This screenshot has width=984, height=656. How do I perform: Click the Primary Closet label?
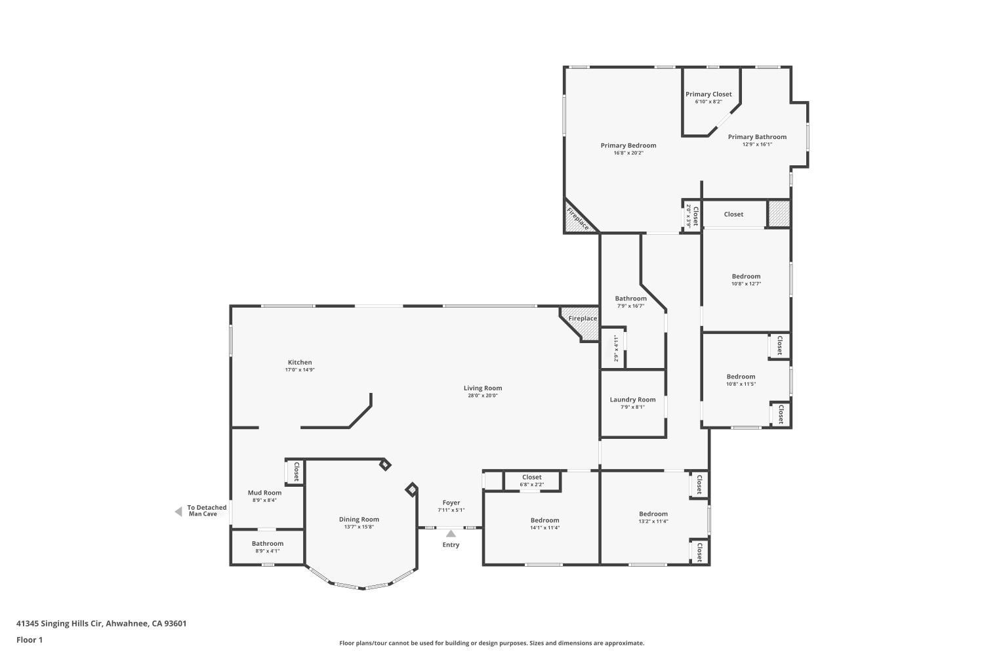[x=708, y=94]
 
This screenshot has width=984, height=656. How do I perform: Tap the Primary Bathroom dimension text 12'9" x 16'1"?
[x=757, y=145]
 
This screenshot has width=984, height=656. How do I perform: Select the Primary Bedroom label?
[x=628, y=146]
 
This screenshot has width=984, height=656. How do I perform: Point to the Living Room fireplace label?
[x=582, y=319]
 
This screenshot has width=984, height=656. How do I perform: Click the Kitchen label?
[x=300, y=362]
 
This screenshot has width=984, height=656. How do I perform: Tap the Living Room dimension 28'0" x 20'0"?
[x=483, y=396]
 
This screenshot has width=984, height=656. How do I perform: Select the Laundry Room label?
[x=632, y=400]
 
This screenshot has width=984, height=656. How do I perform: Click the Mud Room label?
[x=264, y=493]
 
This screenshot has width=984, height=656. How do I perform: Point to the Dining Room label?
[x=359, y=520]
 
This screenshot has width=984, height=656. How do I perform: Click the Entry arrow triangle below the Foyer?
[x=451, y=533]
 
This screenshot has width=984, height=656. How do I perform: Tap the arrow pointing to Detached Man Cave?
[x=178, y=512]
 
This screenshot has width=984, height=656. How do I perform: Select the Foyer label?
[x=451, y=502]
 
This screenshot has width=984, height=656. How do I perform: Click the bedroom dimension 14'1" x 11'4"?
[x=544, y=527]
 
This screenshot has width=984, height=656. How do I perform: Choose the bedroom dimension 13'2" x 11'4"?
[x=653, y=522]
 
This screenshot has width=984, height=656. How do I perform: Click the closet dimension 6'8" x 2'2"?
[x=531, y=485]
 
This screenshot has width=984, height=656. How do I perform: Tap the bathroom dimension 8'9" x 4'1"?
[x=267, y=551]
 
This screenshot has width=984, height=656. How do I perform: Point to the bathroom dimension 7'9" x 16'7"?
[x=630, y=306]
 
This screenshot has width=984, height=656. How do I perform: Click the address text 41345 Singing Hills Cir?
[x=60, y=623]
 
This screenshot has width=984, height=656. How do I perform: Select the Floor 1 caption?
[x=30, y=640]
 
